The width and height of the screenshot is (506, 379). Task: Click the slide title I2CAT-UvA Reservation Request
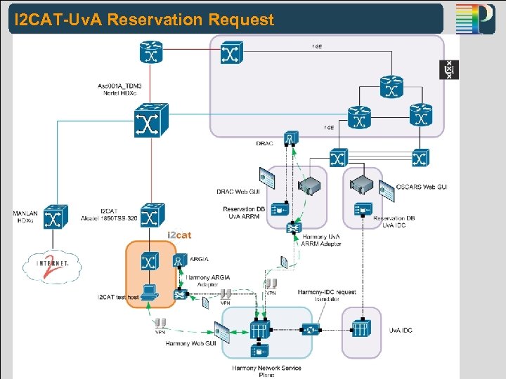point(145,20)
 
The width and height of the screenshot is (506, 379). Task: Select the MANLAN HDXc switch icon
point(55,217)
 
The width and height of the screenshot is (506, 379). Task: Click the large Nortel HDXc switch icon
point(150,119)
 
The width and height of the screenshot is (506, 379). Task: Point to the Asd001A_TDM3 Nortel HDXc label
point(118,88)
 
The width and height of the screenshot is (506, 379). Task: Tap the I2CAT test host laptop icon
point(148,291)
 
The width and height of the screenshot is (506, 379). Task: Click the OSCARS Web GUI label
point(422,186)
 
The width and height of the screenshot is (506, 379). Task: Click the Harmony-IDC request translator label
point(327,295)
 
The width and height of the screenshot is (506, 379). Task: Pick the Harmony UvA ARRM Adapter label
point(321,241)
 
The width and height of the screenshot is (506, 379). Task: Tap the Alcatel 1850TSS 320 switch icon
point(150,214)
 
